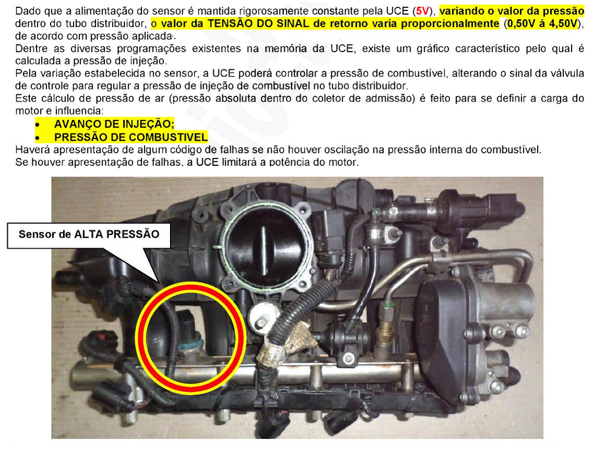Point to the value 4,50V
[563, 24]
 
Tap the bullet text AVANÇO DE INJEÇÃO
[114, 124]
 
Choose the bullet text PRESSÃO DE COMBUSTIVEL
[131, 137]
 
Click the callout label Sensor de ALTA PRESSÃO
[89, 235]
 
